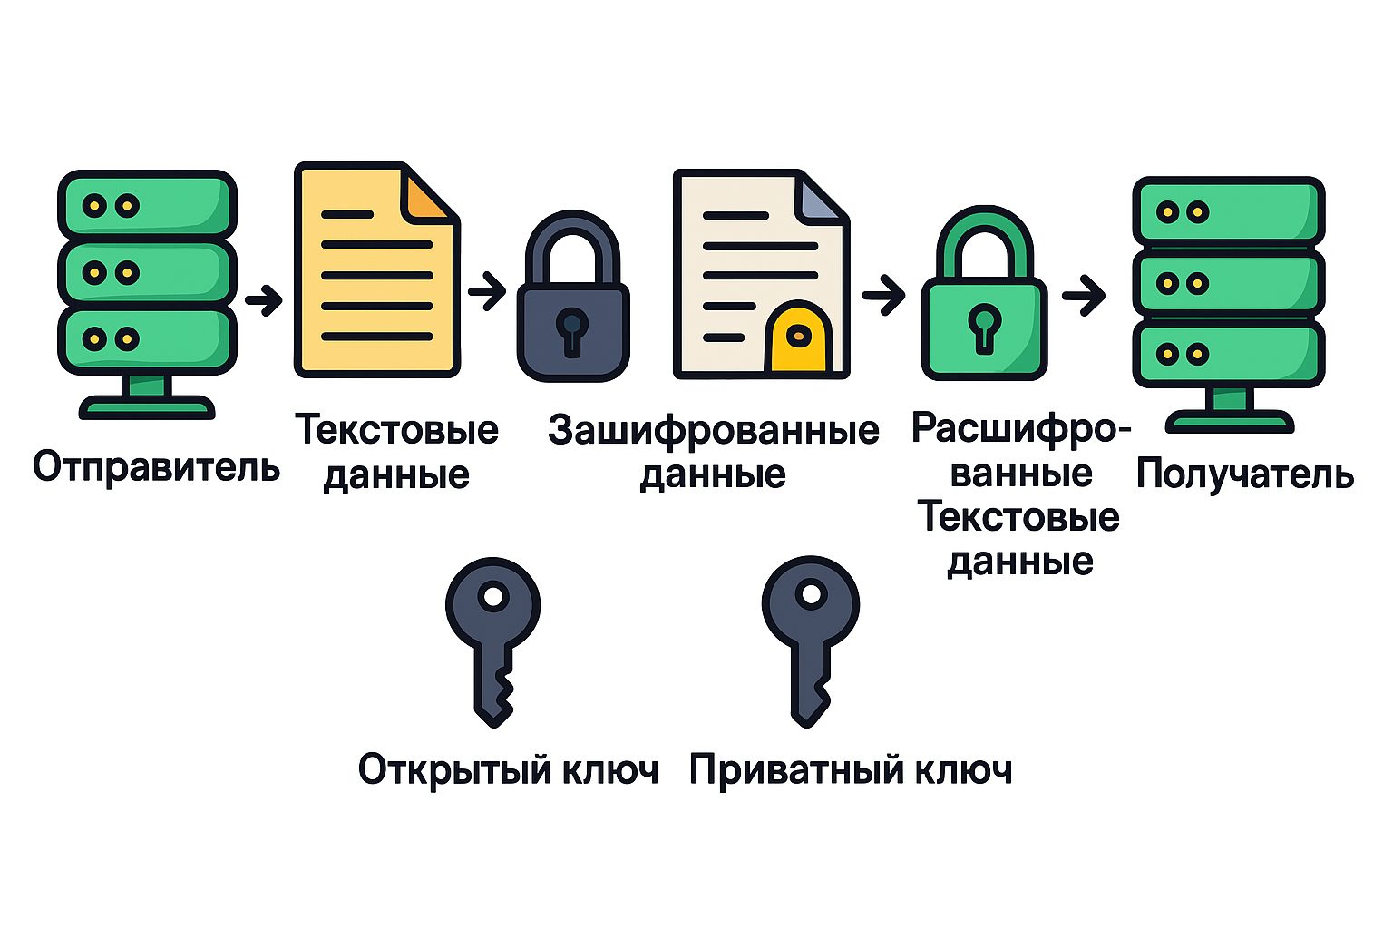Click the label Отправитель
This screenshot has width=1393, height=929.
156,467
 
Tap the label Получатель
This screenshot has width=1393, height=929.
1245,474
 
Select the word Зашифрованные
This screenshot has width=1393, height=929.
714,431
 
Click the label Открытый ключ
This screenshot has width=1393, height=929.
508,770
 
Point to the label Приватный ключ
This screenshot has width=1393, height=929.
851,770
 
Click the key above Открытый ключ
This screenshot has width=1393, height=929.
493,641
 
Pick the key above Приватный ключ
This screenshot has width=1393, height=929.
810,641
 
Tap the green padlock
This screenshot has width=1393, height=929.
984,292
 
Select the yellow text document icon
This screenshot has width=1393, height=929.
377,270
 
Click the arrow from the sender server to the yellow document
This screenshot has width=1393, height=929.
264,300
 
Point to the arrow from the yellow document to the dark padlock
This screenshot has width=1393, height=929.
487,290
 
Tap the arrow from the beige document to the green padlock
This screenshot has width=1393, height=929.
883,296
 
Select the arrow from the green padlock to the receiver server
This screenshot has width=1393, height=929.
1084,295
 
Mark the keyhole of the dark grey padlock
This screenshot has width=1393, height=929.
572,332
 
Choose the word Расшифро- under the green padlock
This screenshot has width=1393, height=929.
1020,429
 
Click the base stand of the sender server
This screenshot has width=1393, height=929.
147,398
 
